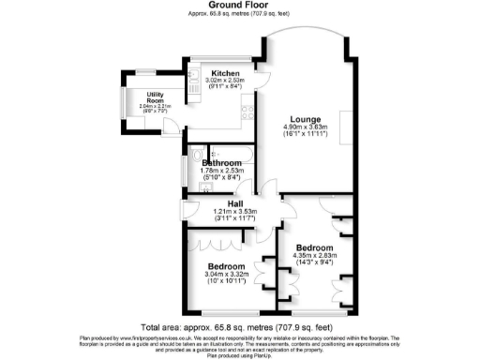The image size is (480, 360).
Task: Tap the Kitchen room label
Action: click(225, 73)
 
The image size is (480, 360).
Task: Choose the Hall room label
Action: click(224, 203)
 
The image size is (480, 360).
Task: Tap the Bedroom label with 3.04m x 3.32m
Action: click(226, 267)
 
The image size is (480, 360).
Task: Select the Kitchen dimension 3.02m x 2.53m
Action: click(225, 81)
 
